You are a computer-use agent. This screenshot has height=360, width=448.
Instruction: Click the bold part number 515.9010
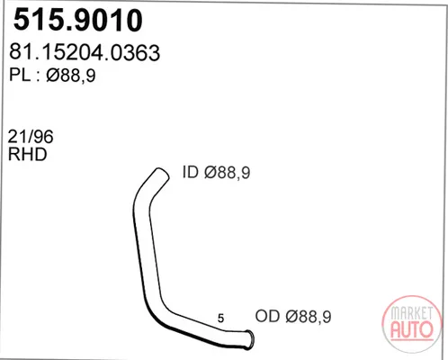78,20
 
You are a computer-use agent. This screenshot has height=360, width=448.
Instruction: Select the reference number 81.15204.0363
85,52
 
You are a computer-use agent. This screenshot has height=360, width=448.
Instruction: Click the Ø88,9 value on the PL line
71,75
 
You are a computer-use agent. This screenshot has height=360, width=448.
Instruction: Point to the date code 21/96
31,137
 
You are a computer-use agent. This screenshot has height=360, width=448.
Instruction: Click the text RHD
28,154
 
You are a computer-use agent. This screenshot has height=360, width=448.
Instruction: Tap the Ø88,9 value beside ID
227,173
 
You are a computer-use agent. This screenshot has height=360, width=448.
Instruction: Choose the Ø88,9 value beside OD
309,317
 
